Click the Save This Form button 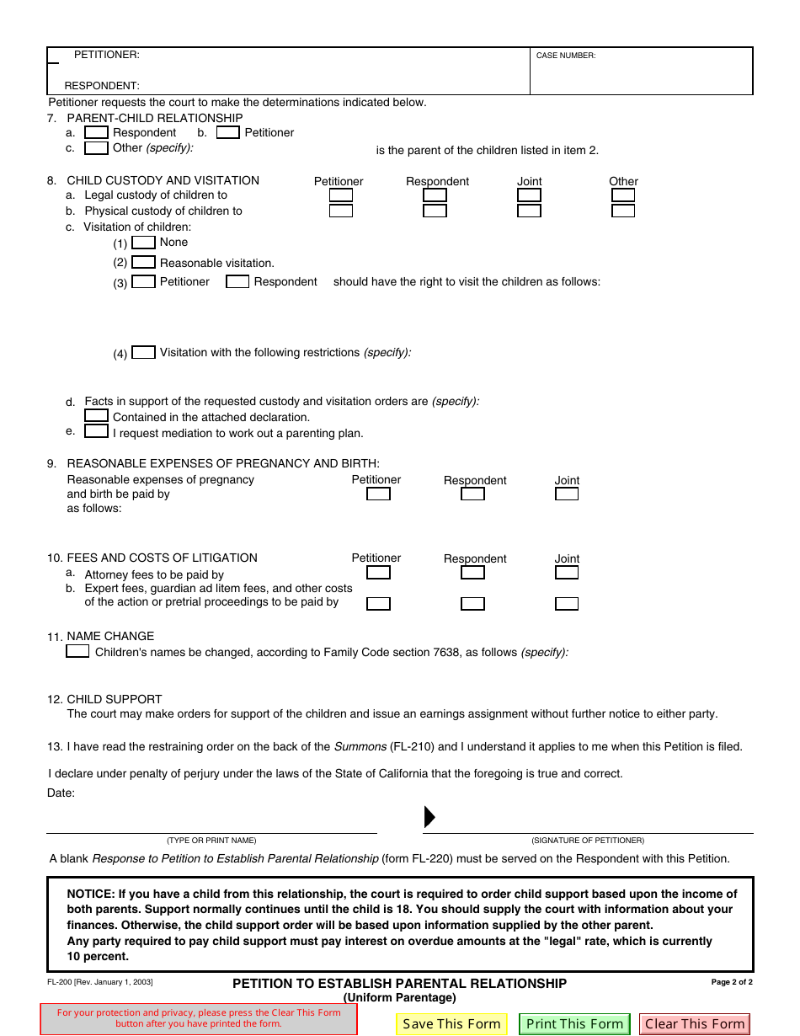pyautogui.click(x=451, y=1024)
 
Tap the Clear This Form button pyautogui.click(x=695, y=1024)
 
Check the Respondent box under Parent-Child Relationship pyautogui.click(x=97, y=132)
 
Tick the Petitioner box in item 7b pyautogui.click(x=228, y=132)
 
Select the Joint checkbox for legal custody pyautogui.click(x=529, y=195)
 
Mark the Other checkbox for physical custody pyautogui.click(x=623, y=211)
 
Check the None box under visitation pyautogui.click(x=144, y=243)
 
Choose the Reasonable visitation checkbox pyautogui.click(x=144, y=263)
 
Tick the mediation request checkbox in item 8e pyautogui.click(x=97, y=432)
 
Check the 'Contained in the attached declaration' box pyautogui.click(x=97, y=416)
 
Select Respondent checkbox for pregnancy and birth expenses pyautogui.click(x=472, y=494)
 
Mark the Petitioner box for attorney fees pyautogui.click(x=379, y=573)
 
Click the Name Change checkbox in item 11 pyautogui.click(x=77, y=651)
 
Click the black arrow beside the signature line pyautogui.click(x=429, y=817)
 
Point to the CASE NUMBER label pyautogui.click(x=566, y=56)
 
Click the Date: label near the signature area pyautogui.click(x=61, y=793)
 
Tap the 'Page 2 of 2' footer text pyautogui.click(x=732, y=982)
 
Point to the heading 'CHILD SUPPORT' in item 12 pyautogui.click(x=115, y=699)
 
